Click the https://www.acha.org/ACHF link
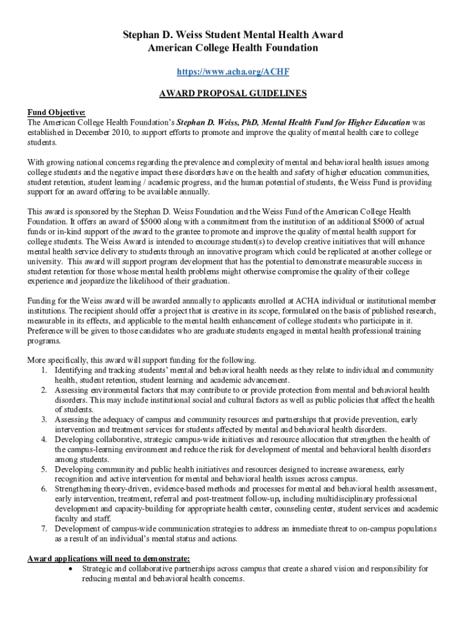tap(232, 72)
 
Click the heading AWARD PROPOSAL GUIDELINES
tap(232, 94)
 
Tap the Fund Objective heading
tap(56, 112)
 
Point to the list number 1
tap(44, 370)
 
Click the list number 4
tap(44, 440)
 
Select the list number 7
tap(44, 529)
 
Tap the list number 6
tap(44, 489)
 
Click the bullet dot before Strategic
tap(73, 569)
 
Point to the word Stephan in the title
tap(139, 35)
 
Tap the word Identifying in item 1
tap(76, 370)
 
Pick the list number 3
tap(44, 420)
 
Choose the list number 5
tap(44, 469)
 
